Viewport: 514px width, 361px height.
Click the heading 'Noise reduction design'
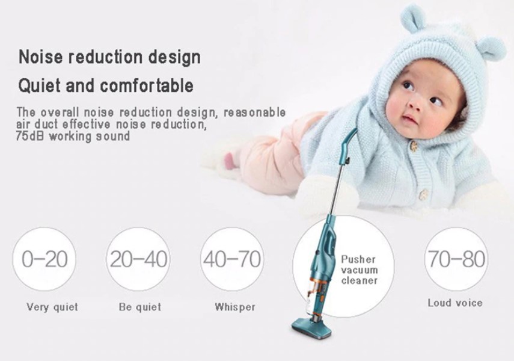pos(109,57)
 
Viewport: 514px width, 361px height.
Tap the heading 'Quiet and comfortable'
pos(106,86)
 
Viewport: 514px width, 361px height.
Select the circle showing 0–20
pos(44,259)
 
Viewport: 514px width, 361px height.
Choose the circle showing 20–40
pos(138,259)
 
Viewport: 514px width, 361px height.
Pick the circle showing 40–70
pos(232,259)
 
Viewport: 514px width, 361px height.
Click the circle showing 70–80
pos(456,259)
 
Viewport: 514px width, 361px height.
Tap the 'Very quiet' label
pos(52,307)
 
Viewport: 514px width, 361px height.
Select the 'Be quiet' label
pos(140,307)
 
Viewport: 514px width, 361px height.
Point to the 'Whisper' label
pos(234,307)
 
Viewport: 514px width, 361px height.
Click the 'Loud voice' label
pos(455,303)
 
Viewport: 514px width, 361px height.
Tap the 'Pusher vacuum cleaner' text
pos(359,270)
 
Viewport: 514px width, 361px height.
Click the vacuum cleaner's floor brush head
pos(312,328)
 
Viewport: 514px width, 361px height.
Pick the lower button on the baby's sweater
pos(424,194)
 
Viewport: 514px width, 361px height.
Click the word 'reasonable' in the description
pos(255,113)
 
